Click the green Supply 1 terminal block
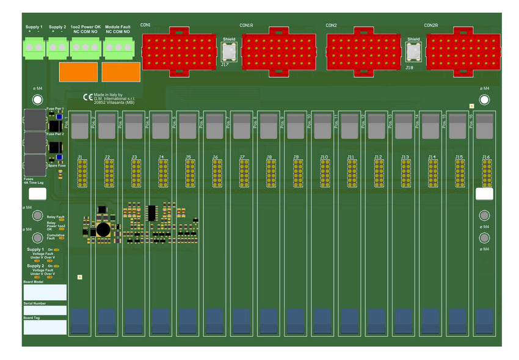click(34, 46)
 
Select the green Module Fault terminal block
click(118, 47)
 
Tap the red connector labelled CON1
click(180, 51)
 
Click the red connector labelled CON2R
click(463, 51)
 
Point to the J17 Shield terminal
click(229, 51)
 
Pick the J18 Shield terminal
click(413, 51)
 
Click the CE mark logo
click(88, 96)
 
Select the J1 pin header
click(81, 173)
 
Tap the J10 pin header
click(325, 173)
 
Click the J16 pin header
click(487, 173)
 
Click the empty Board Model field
click(45, 292)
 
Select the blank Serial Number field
click(45, 310)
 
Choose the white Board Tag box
click(45, 327)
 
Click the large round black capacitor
click(103, 229)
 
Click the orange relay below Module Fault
click(120, 72)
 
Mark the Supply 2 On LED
click(56, 266)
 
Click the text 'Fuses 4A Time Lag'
click(34, 181)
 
